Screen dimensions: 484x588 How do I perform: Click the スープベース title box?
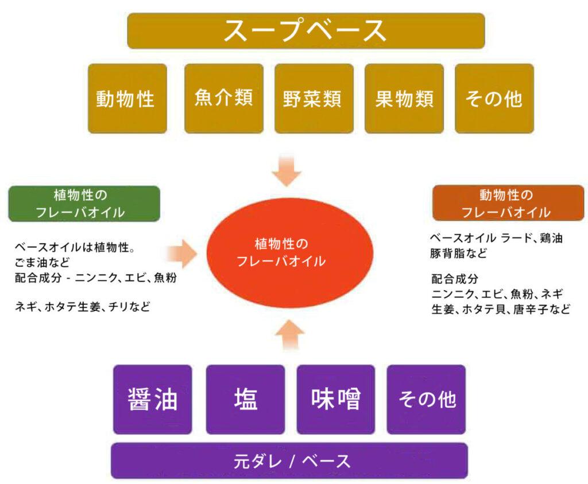[x=305, y=31]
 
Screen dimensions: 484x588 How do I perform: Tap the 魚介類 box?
[x=223, y=98]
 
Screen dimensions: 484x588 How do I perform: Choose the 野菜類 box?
[x=313, y=98]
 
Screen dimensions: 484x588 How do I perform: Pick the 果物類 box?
[x=404, y=98]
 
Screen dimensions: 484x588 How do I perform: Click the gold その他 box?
[x=494, y=98]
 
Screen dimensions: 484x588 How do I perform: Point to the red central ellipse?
[x=290, y=252]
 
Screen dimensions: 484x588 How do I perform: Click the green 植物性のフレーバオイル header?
[x=84, y=204]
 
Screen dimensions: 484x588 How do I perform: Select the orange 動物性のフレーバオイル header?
[x=508, y=203]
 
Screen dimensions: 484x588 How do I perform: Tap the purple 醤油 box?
[x=153, y=400]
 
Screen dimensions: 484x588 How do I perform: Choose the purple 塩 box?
[x=245, y=400]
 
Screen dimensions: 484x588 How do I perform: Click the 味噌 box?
[x=336, y=400]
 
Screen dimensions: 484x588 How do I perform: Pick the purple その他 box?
[x=426, y=400]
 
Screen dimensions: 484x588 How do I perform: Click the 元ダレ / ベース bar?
[x=289, y=460]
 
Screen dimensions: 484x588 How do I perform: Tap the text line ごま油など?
[x=42, y=264]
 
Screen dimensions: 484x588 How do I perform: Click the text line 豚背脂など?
[x=458, y=253]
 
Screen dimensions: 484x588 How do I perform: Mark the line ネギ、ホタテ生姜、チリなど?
[x=83, y=306]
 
